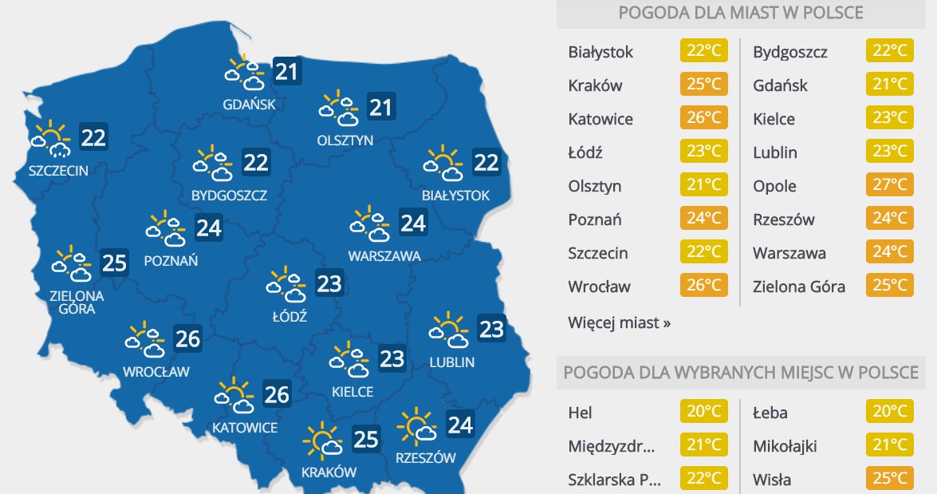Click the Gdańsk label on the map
(249, 104)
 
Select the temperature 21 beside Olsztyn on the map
(380, 107)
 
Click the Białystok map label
(455, 195)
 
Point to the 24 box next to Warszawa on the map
(413, 223)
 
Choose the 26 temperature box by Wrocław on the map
(187, 339)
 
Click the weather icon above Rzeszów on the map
(417, 426)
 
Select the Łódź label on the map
(289, 316)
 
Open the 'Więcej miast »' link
(620, 323)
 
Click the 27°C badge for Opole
(889, 186)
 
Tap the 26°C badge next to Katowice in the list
(703, 119)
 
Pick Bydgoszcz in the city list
(790, 52)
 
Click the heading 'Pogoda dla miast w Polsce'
(741, 14)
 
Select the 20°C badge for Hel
(703, 413)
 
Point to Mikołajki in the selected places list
(785, 446)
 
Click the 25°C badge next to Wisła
(889, 480)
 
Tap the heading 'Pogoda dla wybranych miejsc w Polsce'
(741, 373)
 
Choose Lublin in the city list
(775, 152)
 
